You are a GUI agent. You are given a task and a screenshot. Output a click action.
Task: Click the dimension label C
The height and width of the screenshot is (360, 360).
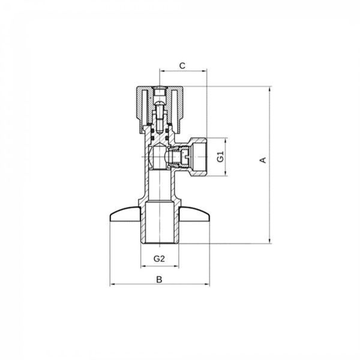coord(182,65)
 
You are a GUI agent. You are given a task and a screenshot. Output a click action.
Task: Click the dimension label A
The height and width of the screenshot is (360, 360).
coord(263,160)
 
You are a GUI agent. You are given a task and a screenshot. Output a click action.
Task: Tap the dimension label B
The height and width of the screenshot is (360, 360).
coord(159,280)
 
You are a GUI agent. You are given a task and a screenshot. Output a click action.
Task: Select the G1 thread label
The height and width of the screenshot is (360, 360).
coord(220,157)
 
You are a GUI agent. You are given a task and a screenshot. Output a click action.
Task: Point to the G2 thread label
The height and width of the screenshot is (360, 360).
coord(159,259)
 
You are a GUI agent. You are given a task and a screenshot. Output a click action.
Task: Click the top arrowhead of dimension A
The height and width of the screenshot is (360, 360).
coord(270,89)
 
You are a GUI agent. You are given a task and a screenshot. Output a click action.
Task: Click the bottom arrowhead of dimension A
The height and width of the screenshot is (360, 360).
coord(270,241)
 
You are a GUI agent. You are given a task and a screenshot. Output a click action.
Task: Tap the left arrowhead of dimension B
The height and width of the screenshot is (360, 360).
coord(113,284)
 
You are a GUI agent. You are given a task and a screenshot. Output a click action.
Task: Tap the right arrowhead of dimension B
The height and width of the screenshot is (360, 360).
coord(207,284)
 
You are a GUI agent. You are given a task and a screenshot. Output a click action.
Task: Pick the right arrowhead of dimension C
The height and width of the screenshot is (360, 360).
coord(205,71)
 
